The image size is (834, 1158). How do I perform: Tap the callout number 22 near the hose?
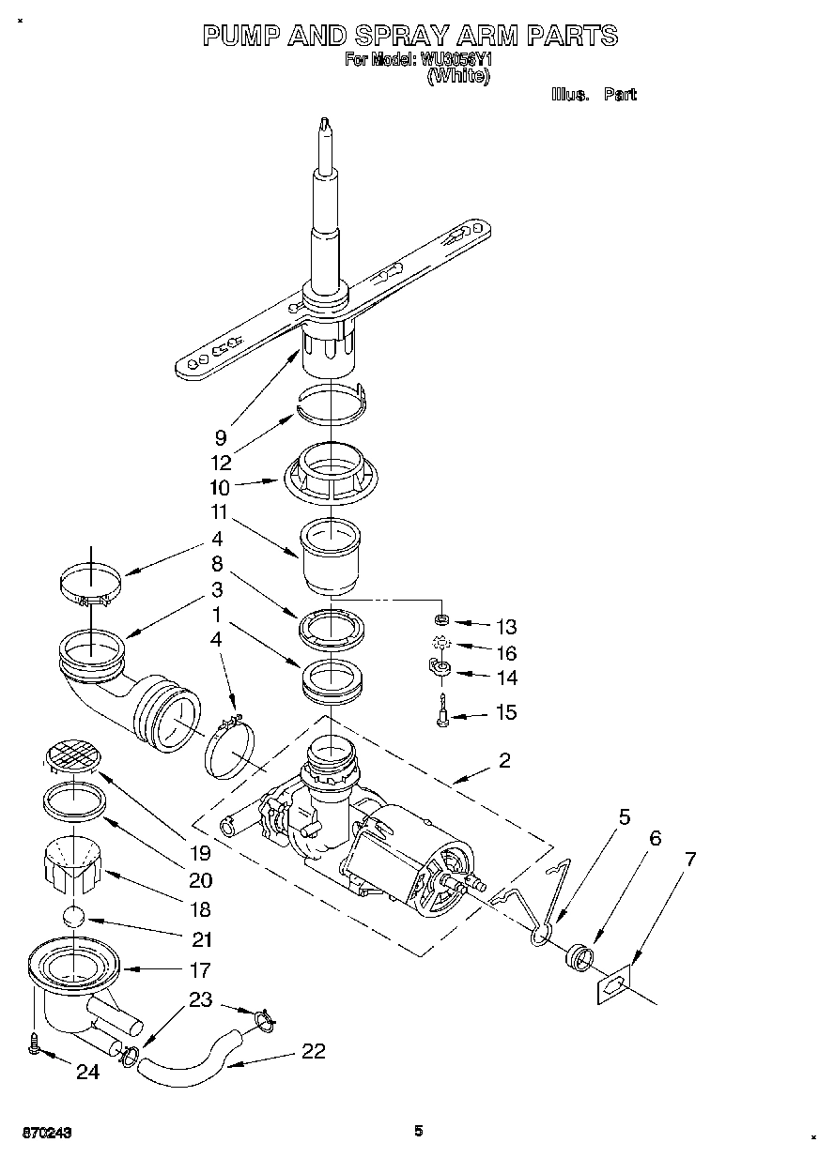click(314, 1051)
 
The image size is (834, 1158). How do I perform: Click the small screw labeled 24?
click(36, 1044)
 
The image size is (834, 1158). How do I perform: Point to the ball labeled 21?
click(75, 919)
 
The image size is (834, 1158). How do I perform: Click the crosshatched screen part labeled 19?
click(73, 751)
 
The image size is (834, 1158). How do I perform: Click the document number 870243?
click(40, 1133)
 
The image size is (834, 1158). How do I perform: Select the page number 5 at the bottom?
click(419, 1131)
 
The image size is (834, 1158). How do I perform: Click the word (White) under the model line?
click(459, 78)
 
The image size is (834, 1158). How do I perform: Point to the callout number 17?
click(200, 968)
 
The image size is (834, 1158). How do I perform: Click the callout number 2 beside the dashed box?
click(504, 760)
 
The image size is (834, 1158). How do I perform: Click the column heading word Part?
click(620, 95)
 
